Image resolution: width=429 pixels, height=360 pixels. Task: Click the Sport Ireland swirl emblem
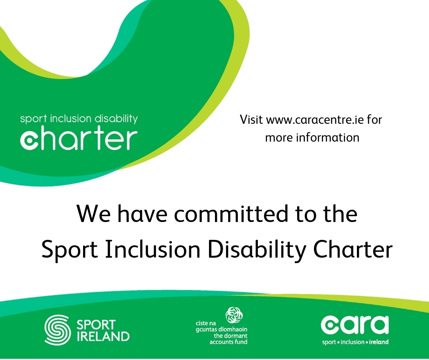click(57, 329)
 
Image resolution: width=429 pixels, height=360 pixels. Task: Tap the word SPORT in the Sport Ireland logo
click(96, 325)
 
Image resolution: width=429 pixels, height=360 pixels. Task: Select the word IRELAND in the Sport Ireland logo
click(103, 337)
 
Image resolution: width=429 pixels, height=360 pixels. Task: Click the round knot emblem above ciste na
click(234, 315)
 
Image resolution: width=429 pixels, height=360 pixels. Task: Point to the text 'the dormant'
click(230, 336)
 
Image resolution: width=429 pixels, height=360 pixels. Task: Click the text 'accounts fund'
click(229, 342)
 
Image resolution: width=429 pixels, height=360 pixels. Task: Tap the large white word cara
click(355, 325)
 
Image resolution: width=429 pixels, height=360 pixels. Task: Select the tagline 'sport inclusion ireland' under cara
click(355, 342)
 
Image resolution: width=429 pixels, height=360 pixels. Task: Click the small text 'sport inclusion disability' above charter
click(79, 119)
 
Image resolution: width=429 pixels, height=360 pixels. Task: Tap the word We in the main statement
click(94, 214)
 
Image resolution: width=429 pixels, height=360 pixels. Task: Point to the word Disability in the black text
click(257, 250)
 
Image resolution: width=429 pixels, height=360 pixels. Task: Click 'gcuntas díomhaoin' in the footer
click(221, 329)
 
